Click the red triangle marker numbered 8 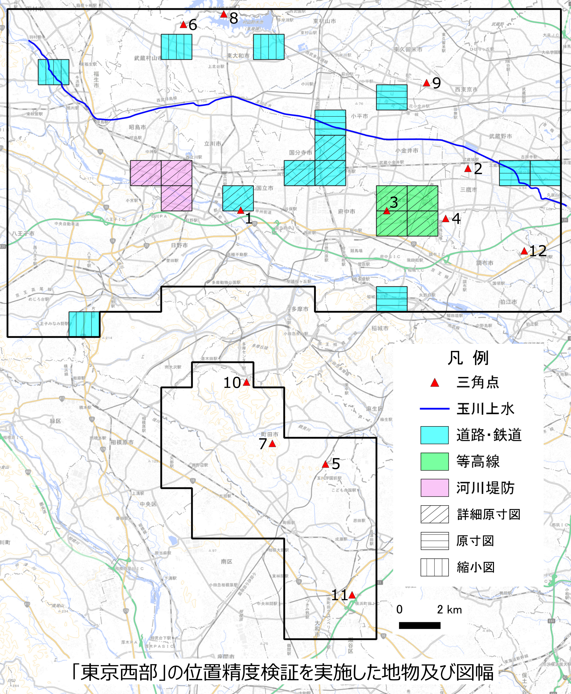click(x=224, y=14)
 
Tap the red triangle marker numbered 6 click(x=183, y=25)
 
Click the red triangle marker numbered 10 click(x=246, y=382)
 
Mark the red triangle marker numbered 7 click(x=272, y=444)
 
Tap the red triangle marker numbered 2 click(x=468, y=169)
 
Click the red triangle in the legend click(x=435, y=383)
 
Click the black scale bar click(x=419, y=625)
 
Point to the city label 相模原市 click(x=122, y=442)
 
